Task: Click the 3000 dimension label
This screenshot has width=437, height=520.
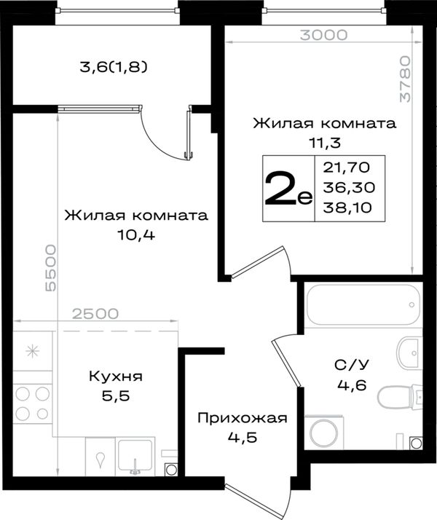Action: tap(323, 35)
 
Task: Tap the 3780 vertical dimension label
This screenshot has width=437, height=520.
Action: tap(405, 79)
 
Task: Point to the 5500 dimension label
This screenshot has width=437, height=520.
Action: tap(50, 268)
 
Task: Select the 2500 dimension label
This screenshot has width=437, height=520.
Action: tap(95, 313)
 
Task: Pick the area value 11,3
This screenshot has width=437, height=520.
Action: tap(325, 143)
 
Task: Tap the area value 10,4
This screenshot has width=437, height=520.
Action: tap(136, 235)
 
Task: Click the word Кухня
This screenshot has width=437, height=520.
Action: tap(116, 377)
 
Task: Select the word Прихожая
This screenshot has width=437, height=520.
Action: tap(243, 418)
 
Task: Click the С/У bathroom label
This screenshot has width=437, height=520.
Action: tap(352, 365)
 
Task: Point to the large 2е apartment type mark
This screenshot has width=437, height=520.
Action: tap(288, 188)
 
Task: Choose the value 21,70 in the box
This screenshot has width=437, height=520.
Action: tap(347, 168)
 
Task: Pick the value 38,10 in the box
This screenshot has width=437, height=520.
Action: tap(347, 208)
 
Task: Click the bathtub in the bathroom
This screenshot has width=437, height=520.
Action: tap(363, 304)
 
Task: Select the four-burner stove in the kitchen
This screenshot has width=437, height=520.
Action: tap(33, 403)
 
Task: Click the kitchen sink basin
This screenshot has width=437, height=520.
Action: tap(135, 457)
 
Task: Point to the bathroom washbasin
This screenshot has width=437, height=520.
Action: tap(410, 353)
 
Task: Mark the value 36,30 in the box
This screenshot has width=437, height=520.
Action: tap(349, 188)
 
